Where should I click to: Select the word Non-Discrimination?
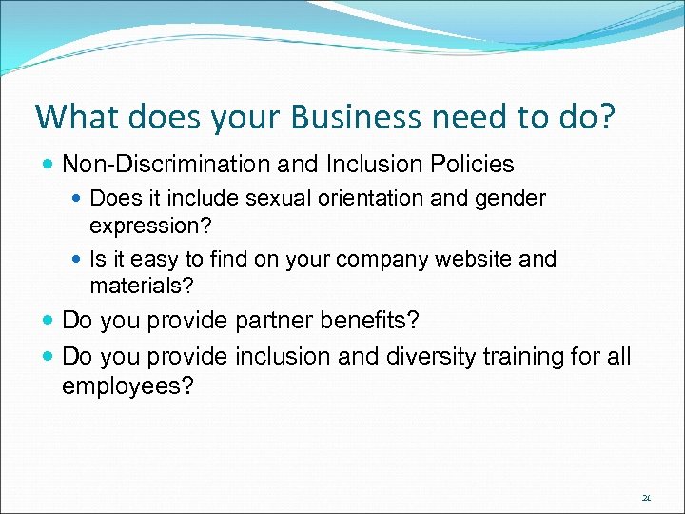click(167, 164)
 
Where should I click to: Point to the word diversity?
click(430, 357)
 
